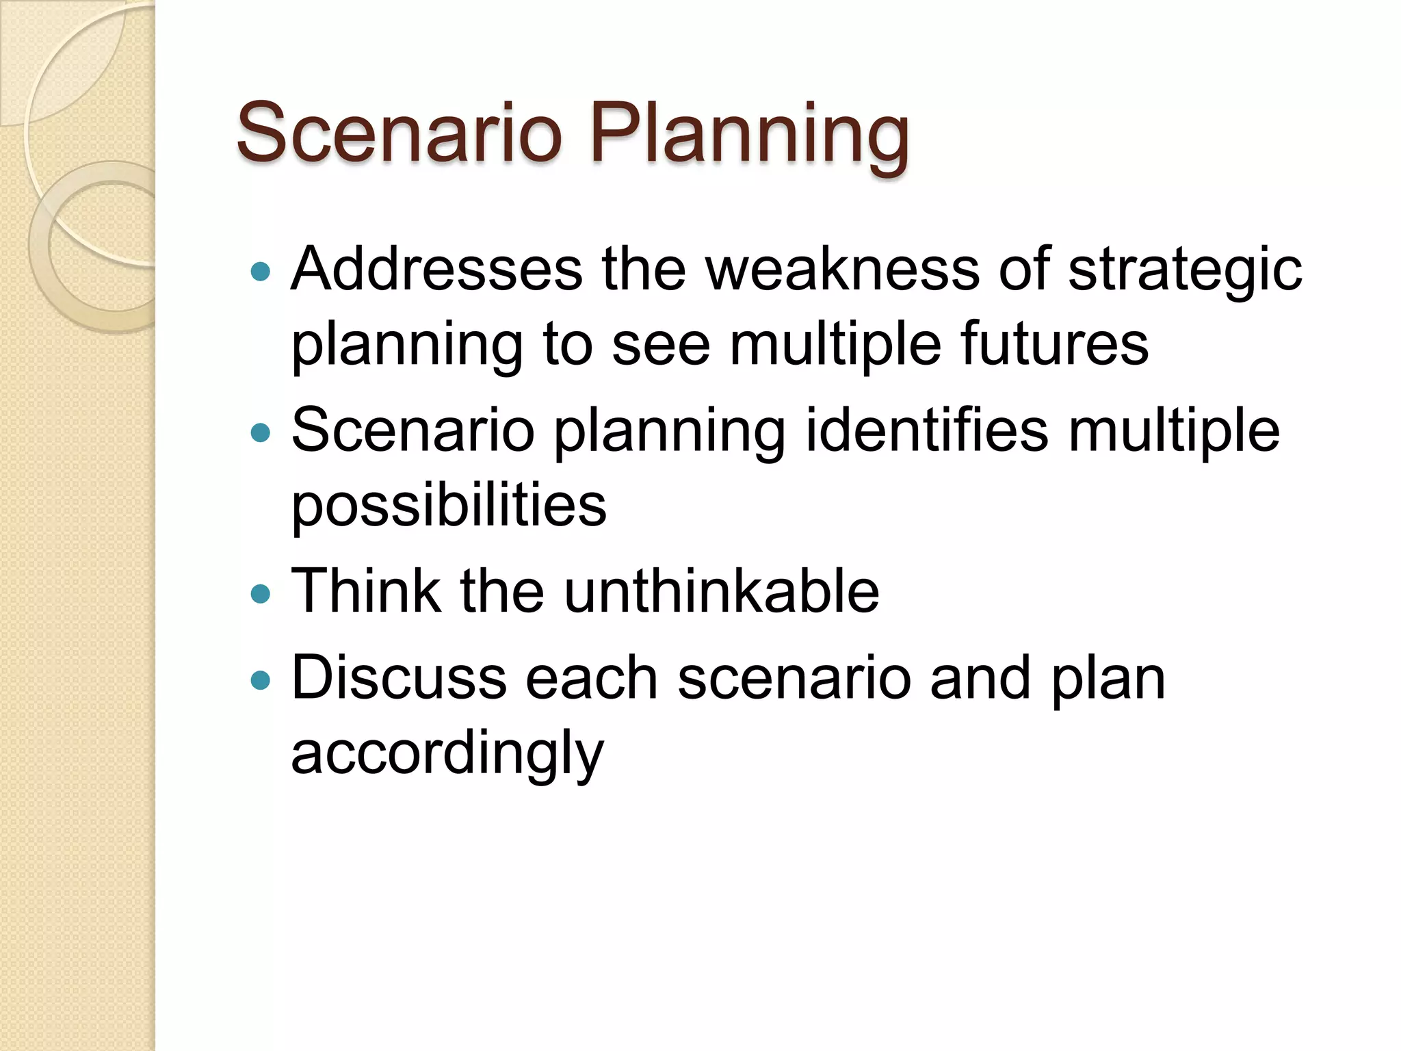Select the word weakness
842,270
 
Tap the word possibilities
449,506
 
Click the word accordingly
447,754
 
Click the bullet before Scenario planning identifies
261,433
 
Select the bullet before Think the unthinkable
261,593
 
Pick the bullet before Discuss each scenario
261,681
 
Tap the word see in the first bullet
661,343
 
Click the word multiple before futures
835,343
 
